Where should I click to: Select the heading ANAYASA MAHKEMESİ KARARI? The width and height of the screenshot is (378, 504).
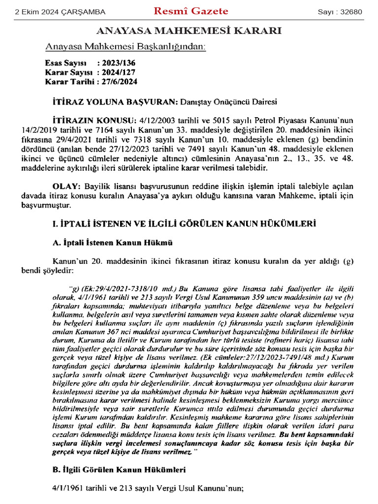point(189,31)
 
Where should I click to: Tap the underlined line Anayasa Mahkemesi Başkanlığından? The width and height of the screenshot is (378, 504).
point(126,47)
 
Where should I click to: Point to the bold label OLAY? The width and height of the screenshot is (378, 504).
point(66,188)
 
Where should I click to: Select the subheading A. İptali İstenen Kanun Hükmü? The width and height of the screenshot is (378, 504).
point(112,243)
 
